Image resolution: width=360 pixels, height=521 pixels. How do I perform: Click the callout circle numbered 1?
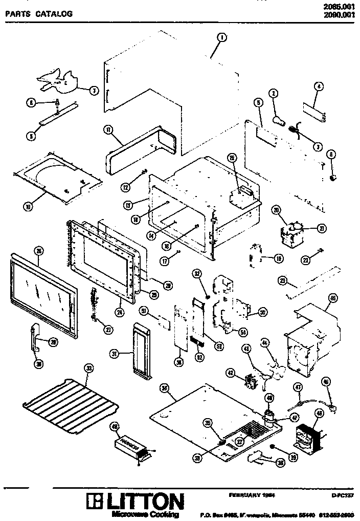pyautogui.click(x=221, y=37)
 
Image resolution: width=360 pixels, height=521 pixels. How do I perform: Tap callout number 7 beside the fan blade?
pyautogui.click(x=94, y=91)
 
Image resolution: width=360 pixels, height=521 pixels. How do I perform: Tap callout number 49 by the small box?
pyautogui.click(x=115, y=426)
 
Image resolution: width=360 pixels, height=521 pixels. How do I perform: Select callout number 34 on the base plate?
pyautogui.click(x=165, y=388)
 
